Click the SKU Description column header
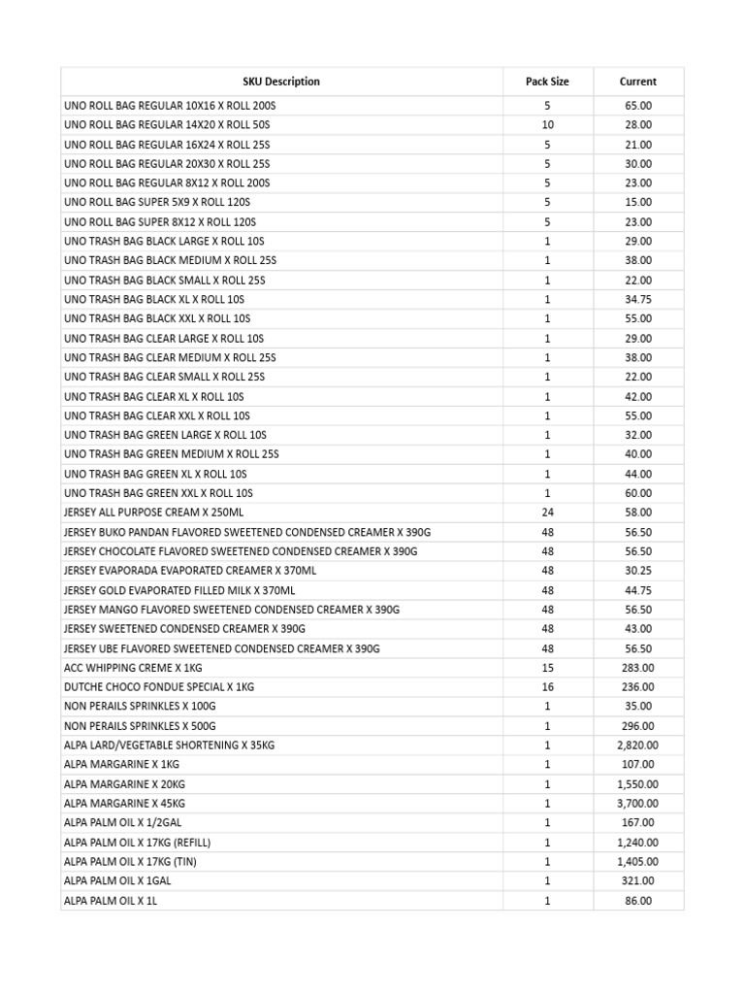280,82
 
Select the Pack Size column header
547,82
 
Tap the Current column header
637,82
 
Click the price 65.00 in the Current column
637,105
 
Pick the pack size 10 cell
547,124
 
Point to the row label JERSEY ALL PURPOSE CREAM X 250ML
154,513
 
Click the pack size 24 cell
547,513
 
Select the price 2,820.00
637,745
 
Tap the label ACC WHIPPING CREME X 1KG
133,668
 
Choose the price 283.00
637,668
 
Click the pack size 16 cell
547,687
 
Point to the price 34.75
637,299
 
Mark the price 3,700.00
637,804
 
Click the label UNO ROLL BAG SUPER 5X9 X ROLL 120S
157,202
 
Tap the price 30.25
637,571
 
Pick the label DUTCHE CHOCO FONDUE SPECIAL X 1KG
159,687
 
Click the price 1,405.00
637,862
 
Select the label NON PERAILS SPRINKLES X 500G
140,726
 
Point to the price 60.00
637,493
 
